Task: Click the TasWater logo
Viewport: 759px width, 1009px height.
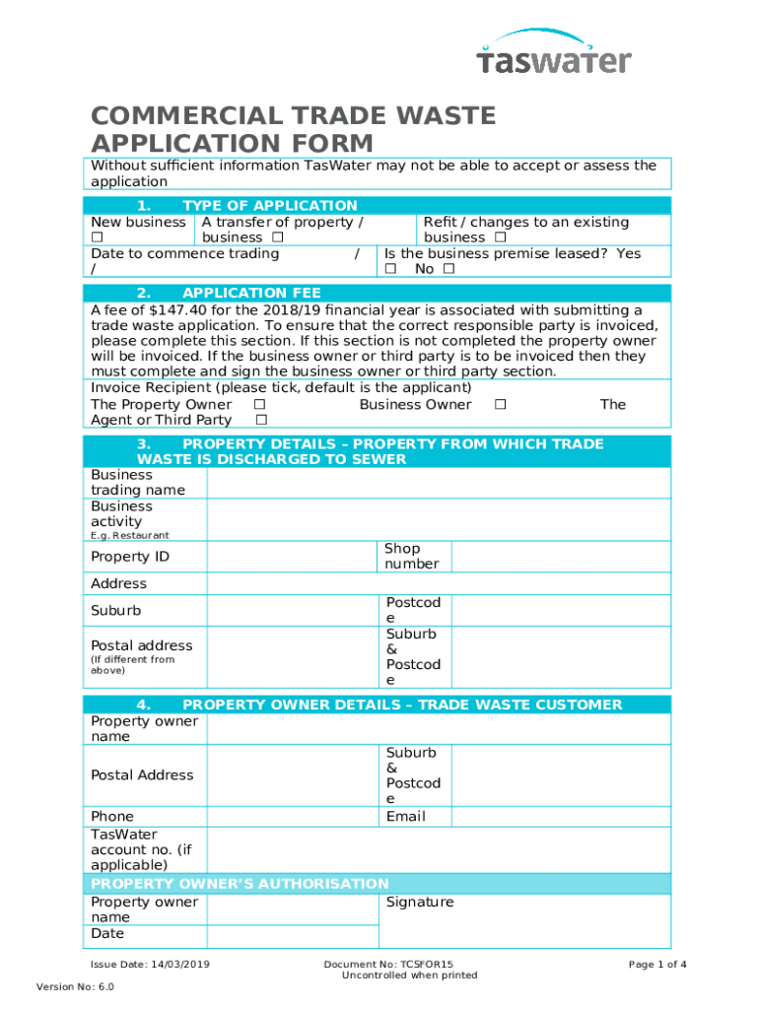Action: click(553, 53)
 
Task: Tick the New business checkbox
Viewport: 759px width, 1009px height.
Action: click(97, 238)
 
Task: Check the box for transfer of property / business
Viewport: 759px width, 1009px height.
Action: click(278, 238)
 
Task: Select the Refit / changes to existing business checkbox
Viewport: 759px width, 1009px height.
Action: click(500, 238)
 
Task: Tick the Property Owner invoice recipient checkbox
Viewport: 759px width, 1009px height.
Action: click(259, 405)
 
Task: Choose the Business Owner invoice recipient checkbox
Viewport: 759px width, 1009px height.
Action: click(501, 405)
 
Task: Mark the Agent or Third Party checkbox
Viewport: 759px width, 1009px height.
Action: click(260, 421)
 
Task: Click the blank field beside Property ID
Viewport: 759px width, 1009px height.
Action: click(292, 557)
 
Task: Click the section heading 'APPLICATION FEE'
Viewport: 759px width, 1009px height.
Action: click(251, 294)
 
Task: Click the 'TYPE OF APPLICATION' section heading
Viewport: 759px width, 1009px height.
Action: click(269, 206)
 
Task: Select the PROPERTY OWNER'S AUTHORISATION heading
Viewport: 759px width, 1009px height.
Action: click(240, 884)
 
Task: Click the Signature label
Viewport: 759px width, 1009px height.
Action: click(420, 903)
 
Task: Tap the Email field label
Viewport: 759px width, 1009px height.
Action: click(406, 817)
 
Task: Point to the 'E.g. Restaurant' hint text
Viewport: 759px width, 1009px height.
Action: click(130, 536)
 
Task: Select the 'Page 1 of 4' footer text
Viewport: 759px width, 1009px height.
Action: click(657, 965)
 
